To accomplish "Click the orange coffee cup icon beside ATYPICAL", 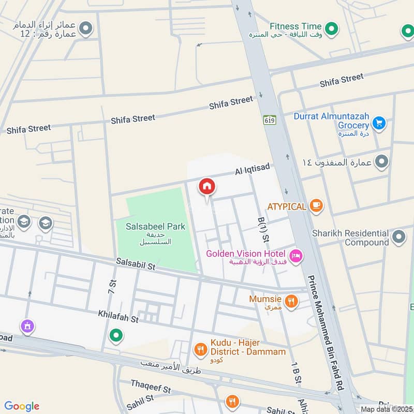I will pyautogui.click(x=316, y=206).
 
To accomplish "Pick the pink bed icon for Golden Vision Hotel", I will pyautogui.click(x=295, y=255).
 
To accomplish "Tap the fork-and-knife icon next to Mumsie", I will pyautogui.click(x=291, y=301).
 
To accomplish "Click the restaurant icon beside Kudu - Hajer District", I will pyautogui.click(x=200, y=350).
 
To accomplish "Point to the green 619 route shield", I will pyautogui.click(x=269, y=120).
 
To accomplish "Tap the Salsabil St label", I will pyautogui.click(x=136, y=266).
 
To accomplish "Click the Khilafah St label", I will pyautogui.click(x=119, y=317).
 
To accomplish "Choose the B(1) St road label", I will pyautogui.click(x=263, y=230).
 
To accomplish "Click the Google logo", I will pyautogui.click(x=22, y=406).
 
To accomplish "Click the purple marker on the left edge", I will pyautogui.click(x=26, y=326).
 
